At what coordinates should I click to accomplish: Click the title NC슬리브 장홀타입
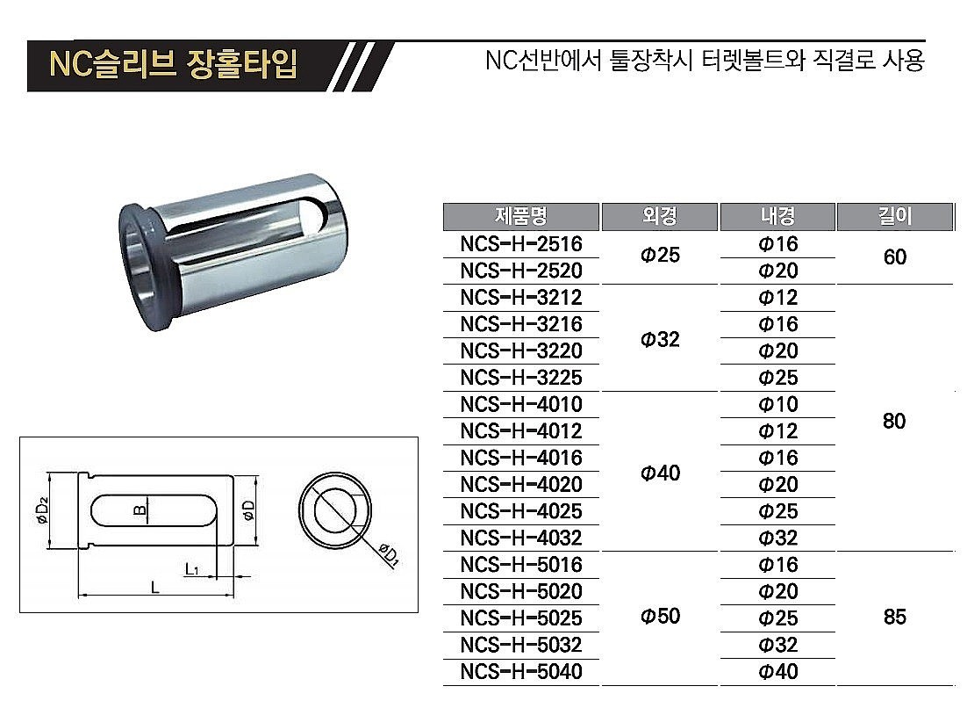click(x=173, y=65)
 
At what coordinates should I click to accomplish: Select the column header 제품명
click(x=521, y=216)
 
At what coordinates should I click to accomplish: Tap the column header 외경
click(x=659, y=216)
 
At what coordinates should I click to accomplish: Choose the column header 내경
click(x=777, y=216)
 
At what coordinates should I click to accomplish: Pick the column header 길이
click(x=894, y=216)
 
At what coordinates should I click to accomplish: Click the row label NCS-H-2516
click(x=521, y=244)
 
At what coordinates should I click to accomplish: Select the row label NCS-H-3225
click(x=521, y=378)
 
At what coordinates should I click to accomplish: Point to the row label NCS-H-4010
click(x=521, y=405)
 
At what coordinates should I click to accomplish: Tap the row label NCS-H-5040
click(x=521, y=672)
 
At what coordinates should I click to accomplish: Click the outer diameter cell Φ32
click(x=659, y=338)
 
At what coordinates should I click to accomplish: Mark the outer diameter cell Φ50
click(x=659, y=617)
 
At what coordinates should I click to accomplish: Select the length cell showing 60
click(x=894, y=257)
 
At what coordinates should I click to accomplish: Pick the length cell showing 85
click(x=894, y=617)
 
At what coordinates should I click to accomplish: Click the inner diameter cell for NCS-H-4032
click(x=777, y=538)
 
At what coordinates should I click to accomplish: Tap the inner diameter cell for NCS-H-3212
click(x=777, y=298)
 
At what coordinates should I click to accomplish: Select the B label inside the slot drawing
click(x=139, y=509)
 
